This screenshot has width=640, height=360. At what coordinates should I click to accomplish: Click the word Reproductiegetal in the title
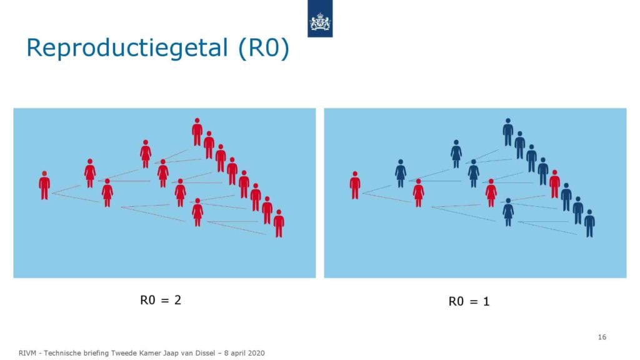pos(127,47)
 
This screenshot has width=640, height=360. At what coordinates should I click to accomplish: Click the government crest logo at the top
pos(320,19)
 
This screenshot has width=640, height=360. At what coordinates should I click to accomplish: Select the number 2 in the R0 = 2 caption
pos(177,300)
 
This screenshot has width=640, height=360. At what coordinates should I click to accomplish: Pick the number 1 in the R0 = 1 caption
pos(486,302)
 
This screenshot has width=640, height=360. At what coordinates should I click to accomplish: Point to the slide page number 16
pos(602,337)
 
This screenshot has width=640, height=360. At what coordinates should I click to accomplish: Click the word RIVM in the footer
pos(27,353)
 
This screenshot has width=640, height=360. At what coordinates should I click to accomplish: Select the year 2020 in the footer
pos(256,353)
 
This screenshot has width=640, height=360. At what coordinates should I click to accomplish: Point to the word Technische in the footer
pos(63,353)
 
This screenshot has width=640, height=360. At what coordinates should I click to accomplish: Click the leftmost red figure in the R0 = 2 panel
pos(44,186)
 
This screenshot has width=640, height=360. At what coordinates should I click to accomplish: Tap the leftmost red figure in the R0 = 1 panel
pos(355,186)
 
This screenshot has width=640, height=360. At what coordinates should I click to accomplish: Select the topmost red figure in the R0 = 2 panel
pos(197,132)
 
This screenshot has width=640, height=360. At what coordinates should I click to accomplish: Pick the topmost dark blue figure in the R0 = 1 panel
pos(507,132)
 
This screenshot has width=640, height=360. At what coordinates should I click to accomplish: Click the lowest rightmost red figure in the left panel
pos(279,224)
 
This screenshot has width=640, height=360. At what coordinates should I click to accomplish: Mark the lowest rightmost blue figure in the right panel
pos(589,224)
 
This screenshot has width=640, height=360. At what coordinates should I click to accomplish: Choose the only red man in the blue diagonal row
pos(554,184)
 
